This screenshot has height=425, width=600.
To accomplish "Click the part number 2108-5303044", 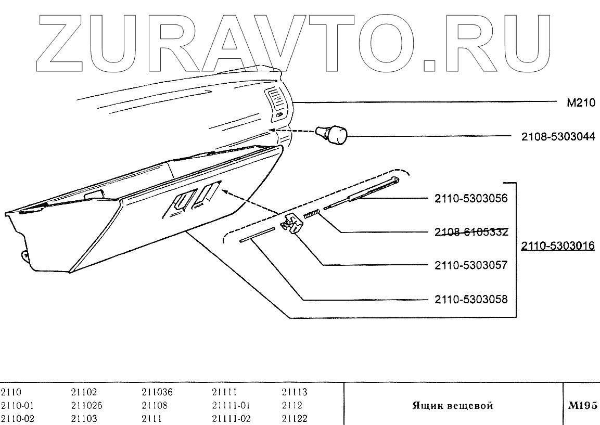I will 558,137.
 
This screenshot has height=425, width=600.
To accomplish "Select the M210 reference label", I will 580,103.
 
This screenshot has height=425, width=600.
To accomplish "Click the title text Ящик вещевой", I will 452,406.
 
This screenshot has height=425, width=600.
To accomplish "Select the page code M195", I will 581,406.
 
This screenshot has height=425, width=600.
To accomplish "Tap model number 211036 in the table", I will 157,393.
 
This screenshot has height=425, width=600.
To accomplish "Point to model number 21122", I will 295,418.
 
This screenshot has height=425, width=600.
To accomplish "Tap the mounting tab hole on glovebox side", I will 24,255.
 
